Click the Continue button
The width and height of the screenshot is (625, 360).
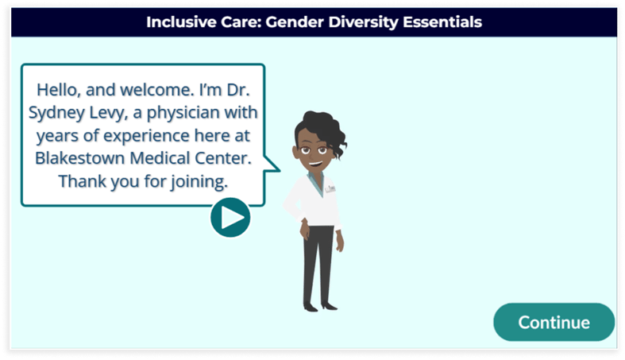[x=554, y=322]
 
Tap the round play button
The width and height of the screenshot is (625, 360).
[x=230, y=217]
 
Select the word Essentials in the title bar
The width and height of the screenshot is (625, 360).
[x=442, y=22]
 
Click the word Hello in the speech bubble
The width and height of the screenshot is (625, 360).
[x=58, y=90]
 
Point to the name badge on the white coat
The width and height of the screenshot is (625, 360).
[x=330, y=188]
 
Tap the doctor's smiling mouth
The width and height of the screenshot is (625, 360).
[x=315, y=164]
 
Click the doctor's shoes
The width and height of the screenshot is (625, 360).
[x=320, y=307]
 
